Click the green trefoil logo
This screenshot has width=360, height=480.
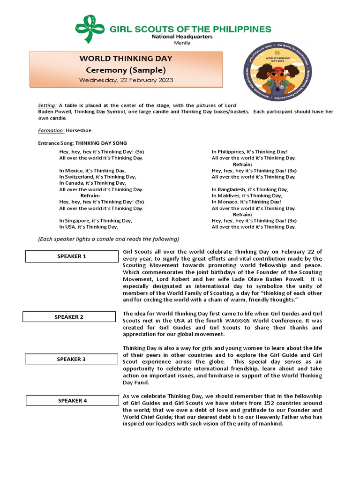90,29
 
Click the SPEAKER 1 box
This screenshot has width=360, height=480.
72,256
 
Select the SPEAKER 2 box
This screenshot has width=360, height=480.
69,317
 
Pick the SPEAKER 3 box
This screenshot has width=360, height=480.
71,359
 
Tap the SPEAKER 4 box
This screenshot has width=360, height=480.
72,401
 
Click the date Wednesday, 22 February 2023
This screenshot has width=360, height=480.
126,80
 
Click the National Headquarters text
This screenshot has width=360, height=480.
181,37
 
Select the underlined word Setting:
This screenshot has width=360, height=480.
47,105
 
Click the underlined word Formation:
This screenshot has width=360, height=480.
51,131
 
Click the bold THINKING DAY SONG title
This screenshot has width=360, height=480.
101,143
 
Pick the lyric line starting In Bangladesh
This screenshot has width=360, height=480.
250,189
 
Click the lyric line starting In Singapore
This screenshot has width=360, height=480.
96,220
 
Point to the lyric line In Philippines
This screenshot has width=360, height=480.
249,152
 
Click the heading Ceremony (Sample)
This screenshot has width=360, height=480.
126,70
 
